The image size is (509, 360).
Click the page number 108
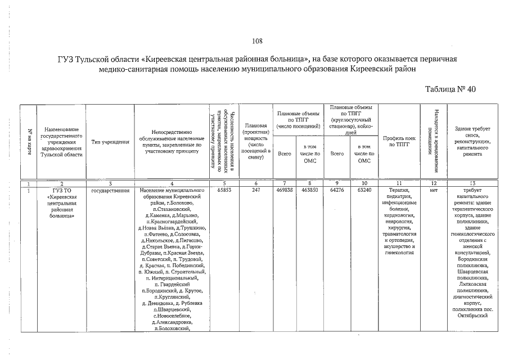pos(257,40)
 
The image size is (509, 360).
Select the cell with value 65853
pos(224,191)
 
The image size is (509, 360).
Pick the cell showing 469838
pos(285,191)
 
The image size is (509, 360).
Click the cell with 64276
pos(337,191)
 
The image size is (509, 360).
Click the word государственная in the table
pos(107,191)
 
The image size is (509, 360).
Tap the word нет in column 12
pos(433,191)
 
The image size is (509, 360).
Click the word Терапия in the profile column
pos(398,191)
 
